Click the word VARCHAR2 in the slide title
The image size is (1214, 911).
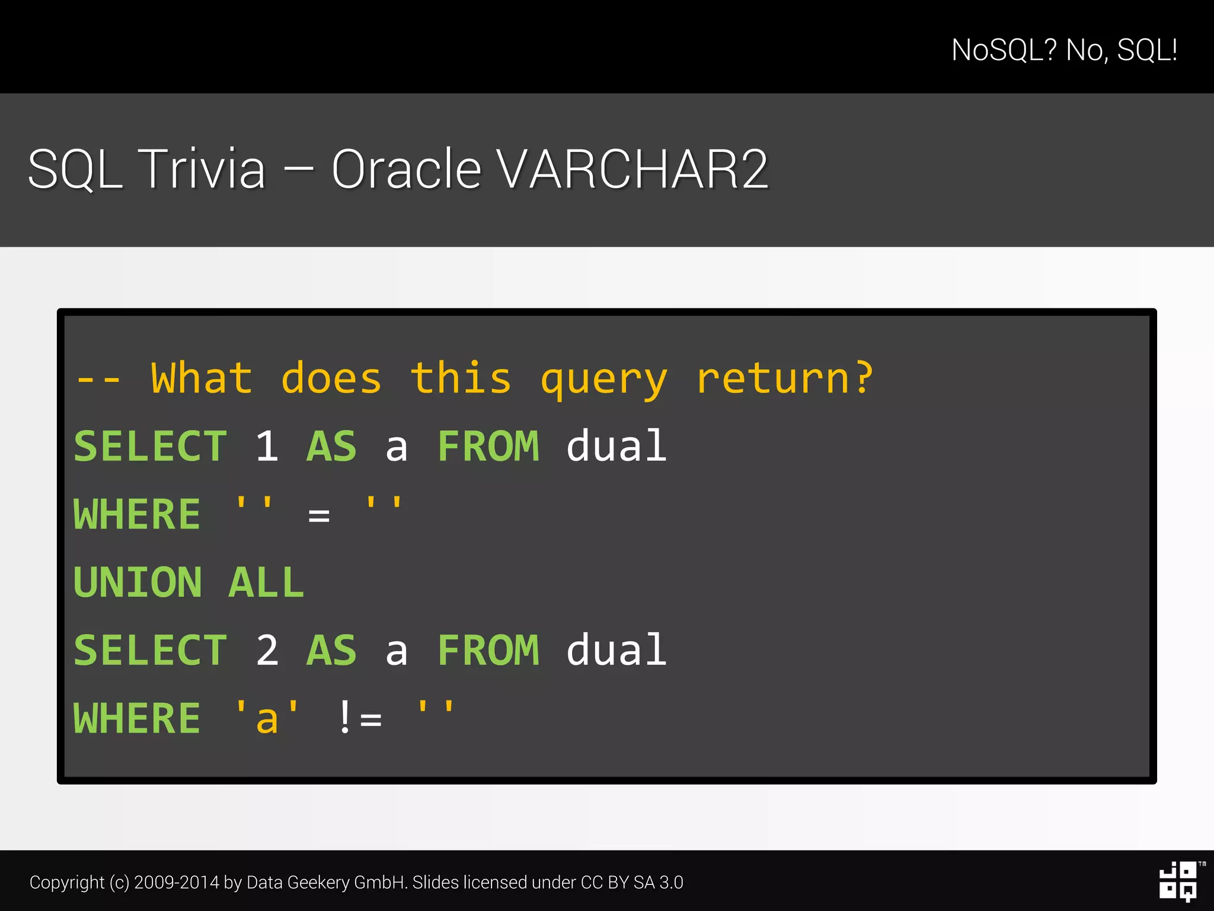[x=632, y=170]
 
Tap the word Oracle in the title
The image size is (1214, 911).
[x=406, y=170]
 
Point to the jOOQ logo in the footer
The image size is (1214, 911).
[x=1178, y=882]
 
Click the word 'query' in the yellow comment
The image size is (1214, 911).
[x=603, y=380]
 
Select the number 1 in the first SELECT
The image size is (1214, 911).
[x=267, y=447]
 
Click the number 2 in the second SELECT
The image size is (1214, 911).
[x=267, y=651]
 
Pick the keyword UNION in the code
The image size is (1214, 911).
[x=138, y=582]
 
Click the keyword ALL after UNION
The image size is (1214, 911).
[x=266, y=582]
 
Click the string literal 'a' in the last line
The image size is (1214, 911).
[x=267, y=718]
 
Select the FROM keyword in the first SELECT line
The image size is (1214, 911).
[x=488, y=447]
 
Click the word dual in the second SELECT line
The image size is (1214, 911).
[x=616, y=651]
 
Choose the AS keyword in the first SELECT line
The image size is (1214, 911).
[x=331, y=447]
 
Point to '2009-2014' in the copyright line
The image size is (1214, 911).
[x=177, y=883]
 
